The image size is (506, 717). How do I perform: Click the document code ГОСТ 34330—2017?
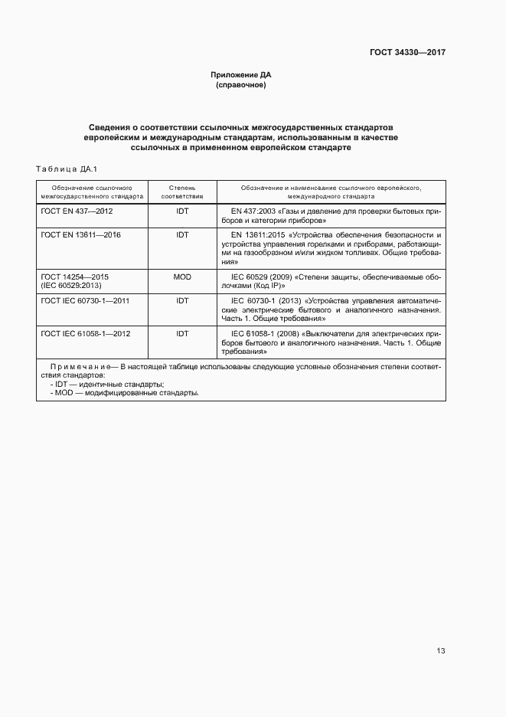[x=405, y=53]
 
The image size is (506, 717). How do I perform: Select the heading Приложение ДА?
[x=241, y=75]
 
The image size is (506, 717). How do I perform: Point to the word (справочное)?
[x=241, y=85]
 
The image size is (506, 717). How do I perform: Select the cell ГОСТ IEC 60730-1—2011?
[x=84, y=300]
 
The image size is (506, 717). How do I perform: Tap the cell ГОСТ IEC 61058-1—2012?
[x=84, y=333]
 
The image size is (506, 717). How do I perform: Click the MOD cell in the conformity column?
[x=182, y=276]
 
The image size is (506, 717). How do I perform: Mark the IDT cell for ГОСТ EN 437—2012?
[x=182, y=210]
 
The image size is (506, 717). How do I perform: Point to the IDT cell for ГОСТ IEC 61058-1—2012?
[x=182, y=333]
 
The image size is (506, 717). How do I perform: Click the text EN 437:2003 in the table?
[x=257, y=210]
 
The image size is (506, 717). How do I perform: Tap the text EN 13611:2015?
[x=260, y=234]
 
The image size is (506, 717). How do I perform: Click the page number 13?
[x=441, y=651]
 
